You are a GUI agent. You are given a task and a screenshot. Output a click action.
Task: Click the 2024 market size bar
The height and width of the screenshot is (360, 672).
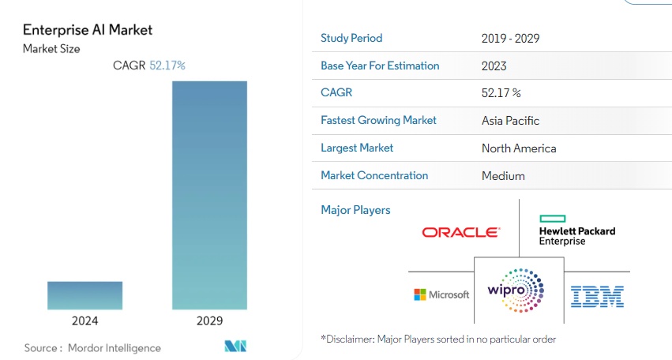84,294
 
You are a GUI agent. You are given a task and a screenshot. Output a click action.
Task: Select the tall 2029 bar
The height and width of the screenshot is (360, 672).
209,194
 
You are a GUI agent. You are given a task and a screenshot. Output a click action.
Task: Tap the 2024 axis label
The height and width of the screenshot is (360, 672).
84,321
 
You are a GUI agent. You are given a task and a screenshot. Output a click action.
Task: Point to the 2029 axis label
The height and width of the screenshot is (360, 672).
209,321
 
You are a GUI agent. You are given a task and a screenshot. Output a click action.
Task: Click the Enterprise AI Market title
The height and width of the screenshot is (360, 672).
88,30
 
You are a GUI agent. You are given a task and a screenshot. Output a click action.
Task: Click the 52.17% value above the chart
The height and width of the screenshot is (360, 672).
167,66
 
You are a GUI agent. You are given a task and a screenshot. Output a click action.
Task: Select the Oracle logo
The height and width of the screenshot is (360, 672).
460,232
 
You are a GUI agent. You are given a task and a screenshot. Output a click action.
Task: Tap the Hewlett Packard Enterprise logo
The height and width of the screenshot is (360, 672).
576,230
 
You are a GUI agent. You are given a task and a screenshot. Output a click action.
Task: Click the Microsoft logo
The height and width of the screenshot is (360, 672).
441,294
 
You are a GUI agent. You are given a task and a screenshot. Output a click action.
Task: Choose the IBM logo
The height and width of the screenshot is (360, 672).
597,297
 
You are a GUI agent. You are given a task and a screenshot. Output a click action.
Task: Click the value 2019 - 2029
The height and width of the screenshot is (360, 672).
510,39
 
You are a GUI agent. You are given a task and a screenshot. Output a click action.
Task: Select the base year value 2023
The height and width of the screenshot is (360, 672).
494,66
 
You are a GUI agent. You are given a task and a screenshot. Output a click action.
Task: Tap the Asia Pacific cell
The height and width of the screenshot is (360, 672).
511,121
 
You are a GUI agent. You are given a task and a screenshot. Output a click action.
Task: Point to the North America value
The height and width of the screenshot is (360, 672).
519,148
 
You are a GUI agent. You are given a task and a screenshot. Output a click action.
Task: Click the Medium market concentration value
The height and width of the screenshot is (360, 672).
503,176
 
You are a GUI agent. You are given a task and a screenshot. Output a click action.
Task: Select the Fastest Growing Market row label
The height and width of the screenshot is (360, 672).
379,121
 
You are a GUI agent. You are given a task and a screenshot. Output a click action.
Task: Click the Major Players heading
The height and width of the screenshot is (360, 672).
355,210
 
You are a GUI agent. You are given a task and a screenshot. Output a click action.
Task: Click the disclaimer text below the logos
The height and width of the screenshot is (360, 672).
438,339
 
